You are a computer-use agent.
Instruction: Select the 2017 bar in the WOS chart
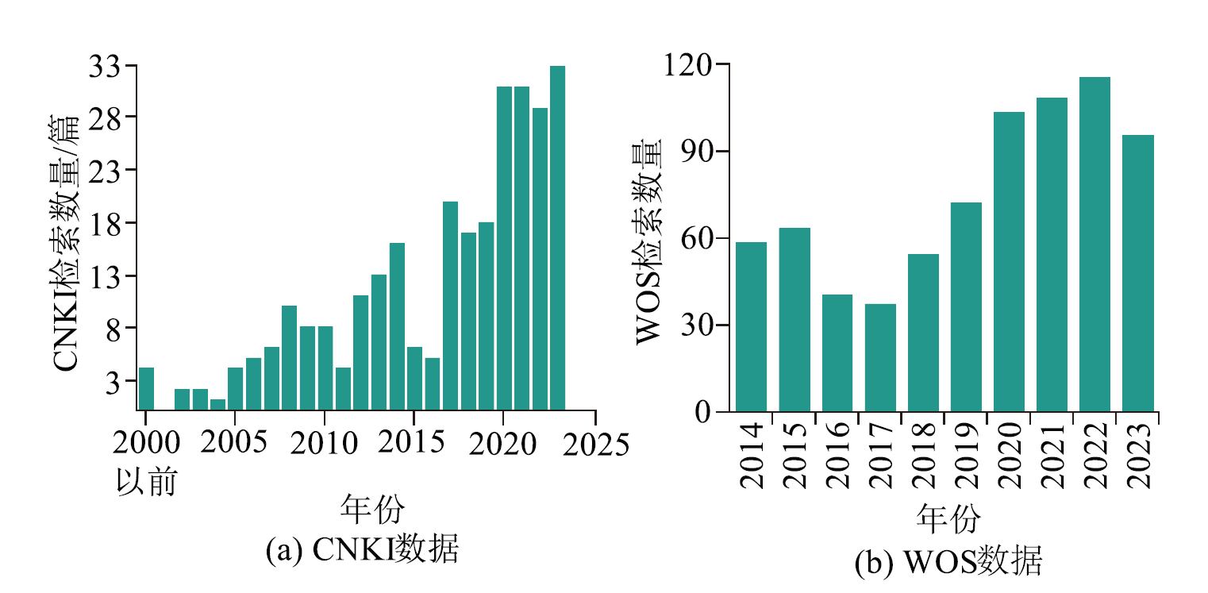tap(880, 358)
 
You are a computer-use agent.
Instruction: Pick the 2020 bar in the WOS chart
tap(1009, 262)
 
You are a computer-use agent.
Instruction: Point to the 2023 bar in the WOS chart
tap(1137, 274)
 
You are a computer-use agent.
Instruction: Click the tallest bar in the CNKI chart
tap(557, 238)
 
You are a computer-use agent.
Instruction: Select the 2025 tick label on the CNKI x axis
tap(595, 443)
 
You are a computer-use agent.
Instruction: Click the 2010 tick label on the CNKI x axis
tap(325, 443)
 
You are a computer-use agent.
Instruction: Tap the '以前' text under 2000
tap(146, 482)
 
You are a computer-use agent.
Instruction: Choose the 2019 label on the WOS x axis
tap(966, 455)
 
